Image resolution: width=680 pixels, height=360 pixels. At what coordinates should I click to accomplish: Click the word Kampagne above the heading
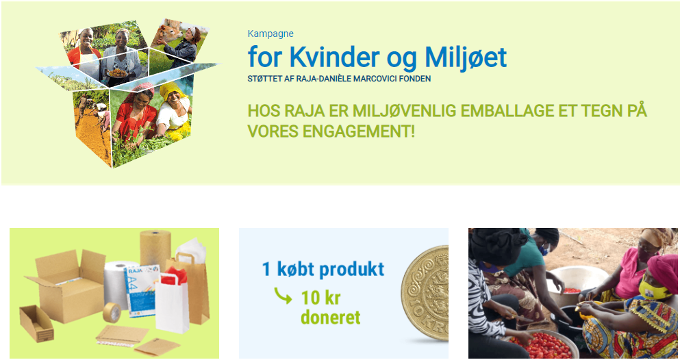tap(270, 34)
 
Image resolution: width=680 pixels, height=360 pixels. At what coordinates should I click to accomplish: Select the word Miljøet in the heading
tap(466, 57)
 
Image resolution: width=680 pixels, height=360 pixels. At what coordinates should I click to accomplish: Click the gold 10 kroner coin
tap(425, 292)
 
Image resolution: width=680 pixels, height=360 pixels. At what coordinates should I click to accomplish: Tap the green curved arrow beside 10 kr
tap(283, 296)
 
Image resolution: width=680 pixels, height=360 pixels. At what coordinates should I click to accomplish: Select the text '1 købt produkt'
tap(323, 269)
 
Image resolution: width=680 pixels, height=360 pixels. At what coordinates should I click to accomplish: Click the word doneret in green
tap(330, 317)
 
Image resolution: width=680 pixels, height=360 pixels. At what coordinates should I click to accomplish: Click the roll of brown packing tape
tap(112, 312)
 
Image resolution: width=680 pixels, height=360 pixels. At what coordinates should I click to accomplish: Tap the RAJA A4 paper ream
tap(141, 290)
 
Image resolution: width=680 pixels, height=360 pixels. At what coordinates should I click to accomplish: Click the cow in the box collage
tap(170, 33)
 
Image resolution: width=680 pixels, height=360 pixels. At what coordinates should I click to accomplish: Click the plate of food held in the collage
tap(118, 73)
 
